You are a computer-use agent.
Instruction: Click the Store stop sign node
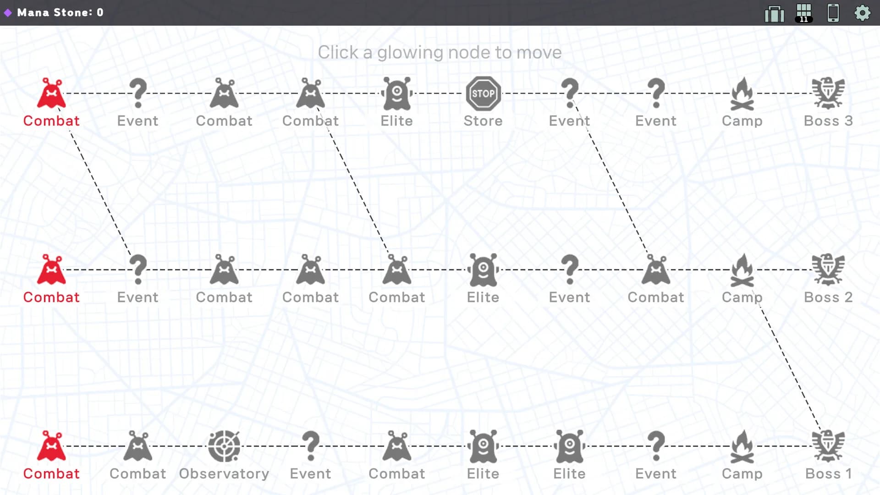[x=483, y=93]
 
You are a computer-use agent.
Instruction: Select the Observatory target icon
[x=224, y=446]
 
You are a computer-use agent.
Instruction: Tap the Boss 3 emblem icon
[x=828, y=93]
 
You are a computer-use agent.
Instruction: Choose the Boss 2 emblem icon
[x=828, y=269]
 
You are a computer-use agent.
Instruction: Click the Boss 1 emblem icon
[x=828, y=446]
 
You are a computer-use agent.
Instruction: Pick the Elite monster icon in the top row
[x=397, y=93]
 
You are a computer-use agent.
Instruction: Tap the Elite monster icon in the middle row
[x=483, y=269]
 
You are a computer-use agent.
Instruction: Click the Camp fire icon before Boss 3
[x=742, y=93]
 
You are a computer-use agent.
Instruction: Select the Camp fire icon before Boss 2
[x=742, y=269]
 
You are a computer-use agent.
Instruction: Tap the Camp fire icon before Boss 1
[x=742, y=446]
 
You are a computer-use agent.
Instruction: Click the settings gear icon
[x=863, y=12]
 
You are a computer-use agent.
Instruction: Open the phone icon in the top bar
[x=833, y=12]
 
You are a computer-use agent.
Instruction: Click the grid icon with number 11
[x=804, y=13]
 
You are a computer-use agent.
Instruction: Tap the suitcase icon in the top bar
[x=775, y=13]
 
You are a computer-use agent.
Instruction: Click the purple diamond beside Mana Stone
[x=8, y=12]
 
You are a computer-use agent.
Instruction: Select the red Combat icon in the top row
[x=51, y=93]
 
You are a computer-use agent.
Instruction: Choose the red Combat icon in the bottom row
[x=51, y=446]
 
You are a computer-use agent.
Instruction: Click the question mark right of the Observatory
[x=311, y=446]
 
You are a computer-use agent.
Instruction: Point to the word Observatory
[x=224, y=473]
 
